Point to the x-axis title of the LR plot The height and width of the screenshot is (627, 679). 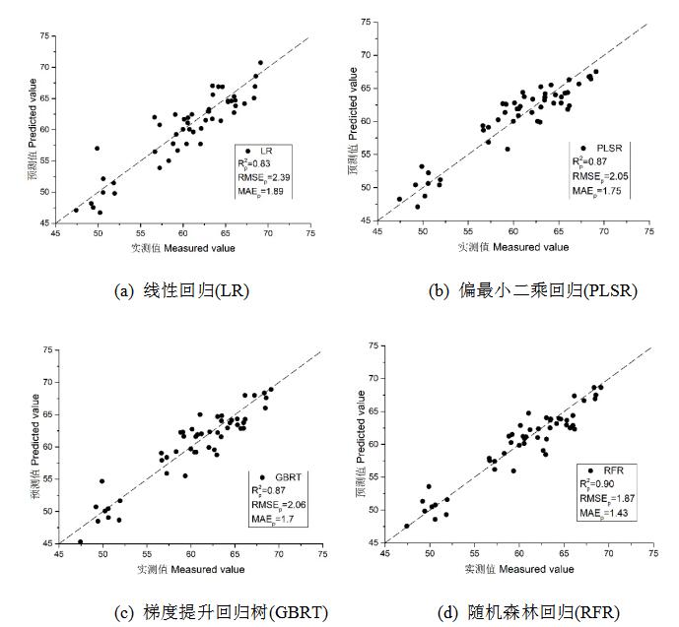(x=184, y=247)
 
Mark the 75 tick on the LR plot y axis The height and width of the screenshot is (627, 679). (x=42, y=37)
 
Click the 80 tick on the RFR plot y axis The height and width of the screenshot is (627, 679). (x=372, y=346)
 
